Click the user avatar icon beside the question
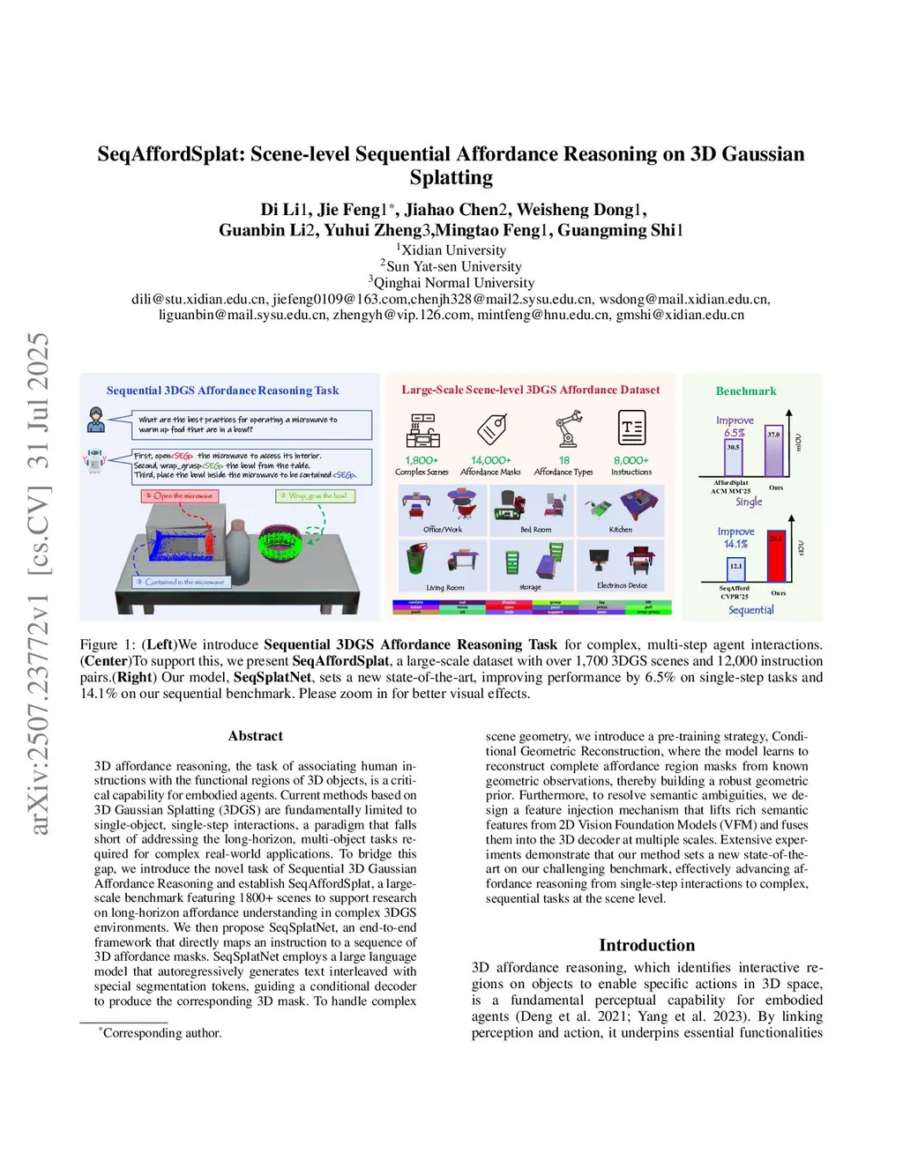point(95,420)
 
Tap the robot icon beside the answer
point(93,460)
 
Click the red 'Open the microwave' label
point(180,496)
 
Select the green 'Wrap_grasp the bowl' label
point(314,496)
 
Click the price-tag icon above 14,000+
point(491,429)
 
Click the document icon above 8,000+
point(631,428)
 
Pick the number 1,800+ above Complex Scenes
point(422,460)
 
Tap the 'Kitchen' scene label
point(621,530)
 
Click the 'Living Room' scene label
point(444,587)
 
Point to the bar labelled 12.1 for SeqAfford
point(735,569)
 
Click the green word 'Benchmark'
point(746,391)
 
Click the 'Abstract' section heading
point(256,736)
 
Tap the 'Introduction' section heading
point(646,945)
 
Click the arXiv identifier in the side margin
point(39,582)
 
